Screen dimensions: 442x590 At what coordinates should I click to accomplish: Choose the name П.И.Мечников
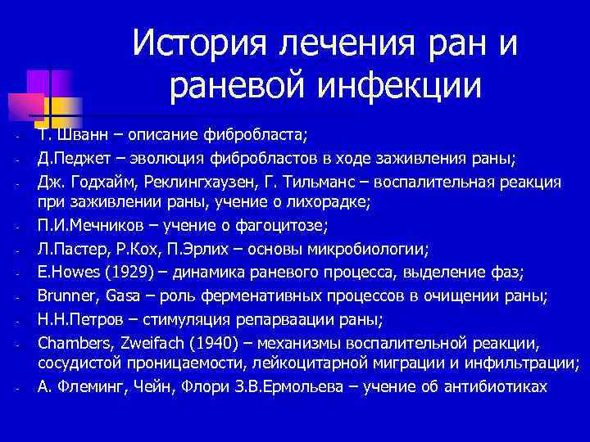pos(83,227)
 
